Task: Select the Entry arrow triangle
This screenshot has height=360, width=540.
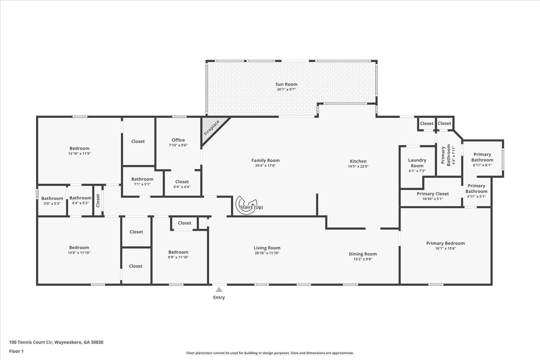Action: pyautogui.click(x=219, y=289)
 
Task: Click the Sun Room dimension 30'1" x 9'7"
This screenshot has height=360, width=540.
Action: pyautogui.click(x=286, y=89)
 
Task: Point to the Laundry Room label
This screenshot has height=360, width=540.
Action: pyautogui.click(x=417, y=163)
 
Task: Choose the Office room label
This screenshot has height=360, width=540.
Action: pyautogui.click(x=178, y=140)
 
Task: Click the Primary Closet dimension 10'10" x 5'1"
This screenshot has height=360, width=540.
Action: pyautogui.click(x=433, y=199)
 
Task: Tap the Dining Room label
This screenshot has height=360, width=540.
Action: pyautogui.click(x=363, y=254)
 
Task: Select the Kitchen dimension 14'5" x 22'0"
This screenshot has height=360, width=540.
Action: pyautogui.click(x=358, y=166)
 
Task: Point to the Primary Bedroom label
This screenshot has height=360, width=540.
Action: pyautogui.click(x=446, y=243)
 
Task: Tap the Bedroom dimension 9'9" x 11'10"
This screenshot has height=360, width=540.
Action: pyautogui.click(x=178, y=257)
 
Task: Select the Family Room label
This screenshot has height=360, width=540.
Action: pyautogui.click(x=265, y=160)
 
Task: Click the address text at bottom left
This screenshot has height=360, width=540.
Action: pyautogui.click(x=56, y=342)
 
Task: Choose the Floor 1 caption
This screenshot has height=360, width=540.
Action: pyautogui.click(x=17, y=351)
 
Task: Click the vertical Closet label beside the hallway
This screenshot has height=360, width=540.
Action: pyautogui.click(x=98, y=200)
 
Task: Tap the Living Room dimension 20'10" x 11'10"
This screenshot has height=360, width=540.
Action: pyautogui.click(x=267, y=253)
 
